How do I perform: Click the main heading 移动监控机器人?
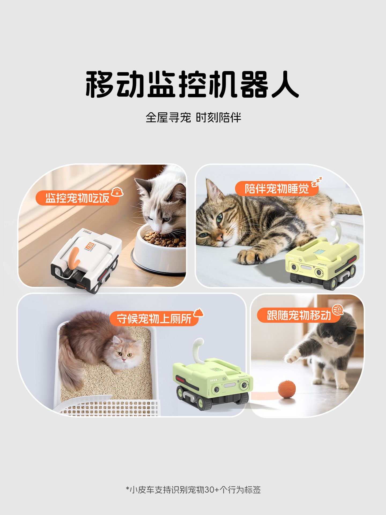tap(192, 84)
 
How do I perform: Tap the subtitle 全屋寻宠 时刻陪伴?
tap(193, 118)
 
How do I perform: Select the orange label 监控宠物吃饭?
tap(77, 198)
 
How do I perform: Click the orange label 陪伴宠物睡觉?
tap(276, 189)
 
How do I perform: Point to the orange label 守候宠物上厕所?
tap(154, 319)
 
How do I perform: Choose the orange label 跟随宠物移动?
tap(299, 315)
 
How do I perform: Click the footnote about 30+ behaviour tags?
tap(193, 490)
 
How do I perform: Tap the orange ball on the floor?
tap(287, 389)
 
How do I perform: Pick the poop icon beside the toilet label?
tap(198, 312)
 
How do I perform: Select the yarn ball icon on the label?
tap(337, 310)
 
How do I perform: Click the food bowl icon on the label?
tap(117, 192)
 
